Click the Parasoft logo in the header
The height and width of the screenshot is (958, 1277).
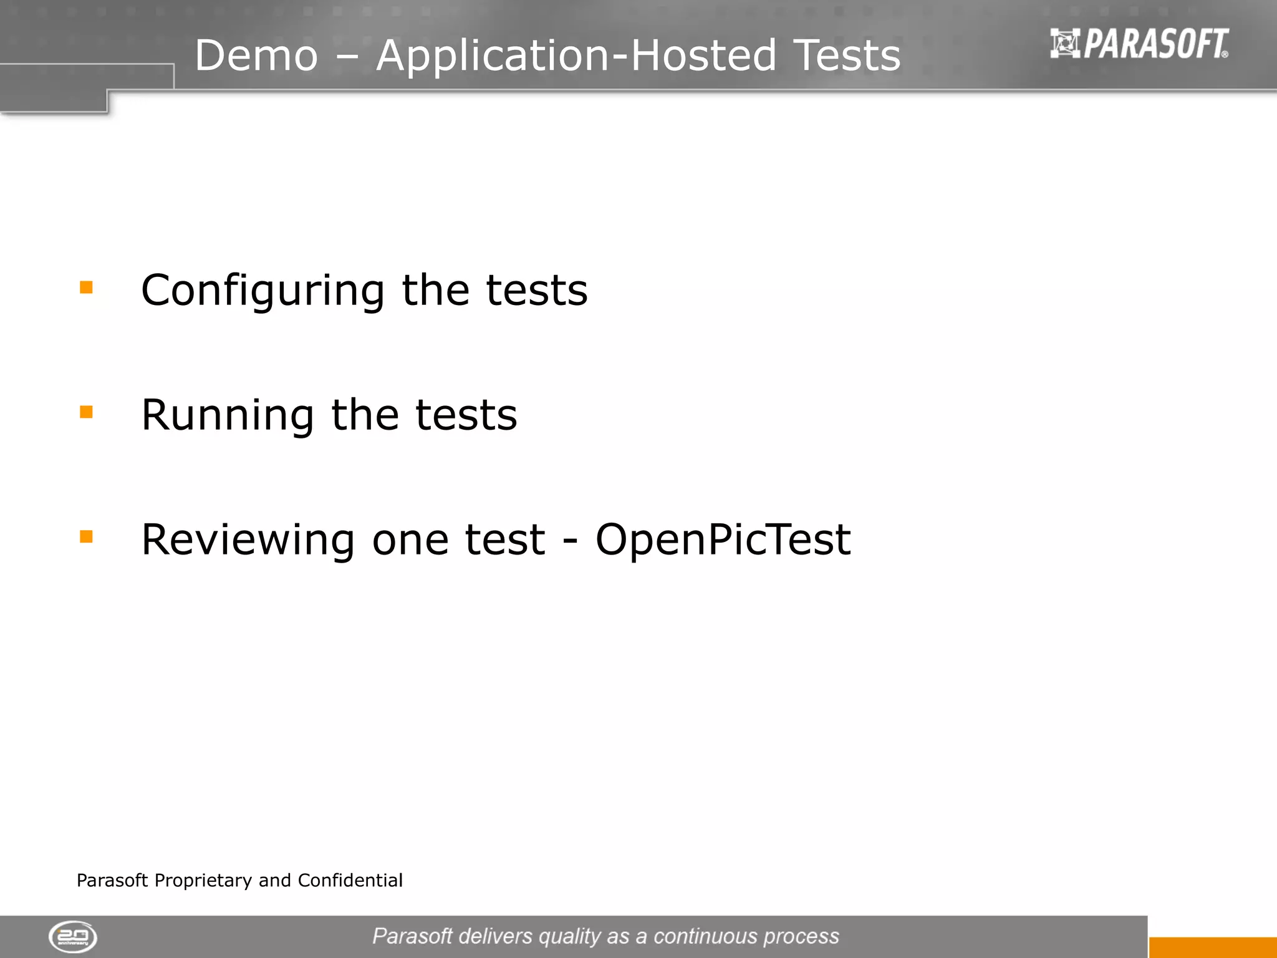pos(1139,44)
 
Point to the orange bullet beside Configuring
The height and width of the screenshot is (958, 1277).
pos(86,288)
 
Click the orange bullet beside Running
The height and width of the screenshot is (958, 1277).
pos(86,412)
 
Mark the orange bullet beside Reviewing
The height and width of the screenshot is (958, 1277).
pos(86,536)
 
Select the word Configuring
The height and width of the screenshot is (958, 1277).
pos(263,291)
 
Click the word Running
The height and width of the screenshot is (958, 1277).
pos(228,415)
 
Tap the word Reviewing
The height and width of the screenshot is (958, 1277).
pos(248,540)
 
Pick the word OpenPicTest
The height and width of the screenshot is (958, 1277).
pos(723,539)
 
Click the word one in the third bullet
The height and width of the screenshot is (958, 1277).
pos(410,540)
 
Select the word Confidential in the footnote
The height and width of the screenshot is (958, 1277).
pos(350,880)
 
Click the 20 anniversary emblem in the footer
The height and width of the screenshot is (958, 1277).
pos(73,937)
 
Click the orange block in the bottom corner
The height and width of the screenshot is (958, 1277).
pos(1212,947)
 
